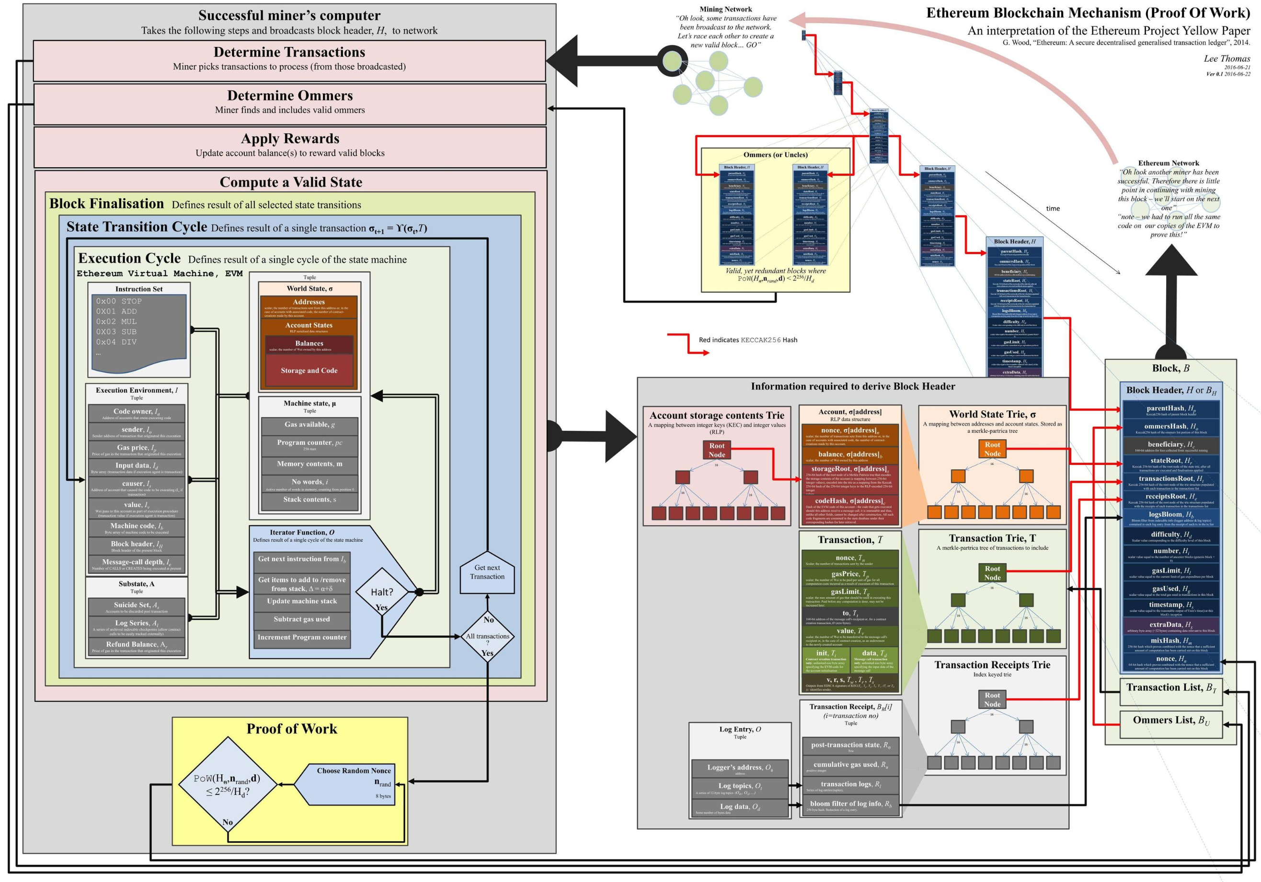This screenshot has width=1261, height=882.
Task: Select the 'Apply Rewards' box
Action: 290,146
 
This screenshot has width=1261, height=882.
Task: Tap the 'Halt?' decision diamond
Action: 382,592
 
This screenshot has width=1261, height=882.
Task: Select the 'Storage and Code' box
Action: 309,371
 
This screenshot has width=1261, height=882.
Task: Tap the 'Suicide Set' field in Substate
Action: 137,607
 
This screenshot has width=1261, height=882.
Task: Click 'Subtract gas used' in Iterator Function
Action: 301,619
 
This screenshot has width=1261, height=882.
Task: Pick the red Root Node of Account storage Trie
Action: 717,450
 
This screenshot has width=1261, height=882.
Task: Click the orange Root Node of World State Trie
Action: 992,449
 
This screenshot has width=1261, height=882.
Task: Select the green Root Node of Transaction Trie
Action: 992,573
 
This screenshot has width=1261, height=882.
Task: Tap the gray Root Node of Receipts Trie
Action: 992,699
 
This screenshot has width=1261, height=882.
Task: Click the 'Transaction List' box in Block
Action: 1171,689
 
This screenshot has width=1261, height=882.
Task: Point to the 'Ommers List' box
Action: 1171,722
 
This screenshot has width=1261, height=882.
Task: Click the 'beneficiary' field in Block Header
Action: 1171,446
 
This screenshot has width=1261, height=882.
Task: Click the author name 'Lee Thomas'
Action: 1227,59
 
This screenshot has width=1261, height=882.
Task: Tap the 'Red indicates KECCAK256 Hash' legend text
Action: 747,340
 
